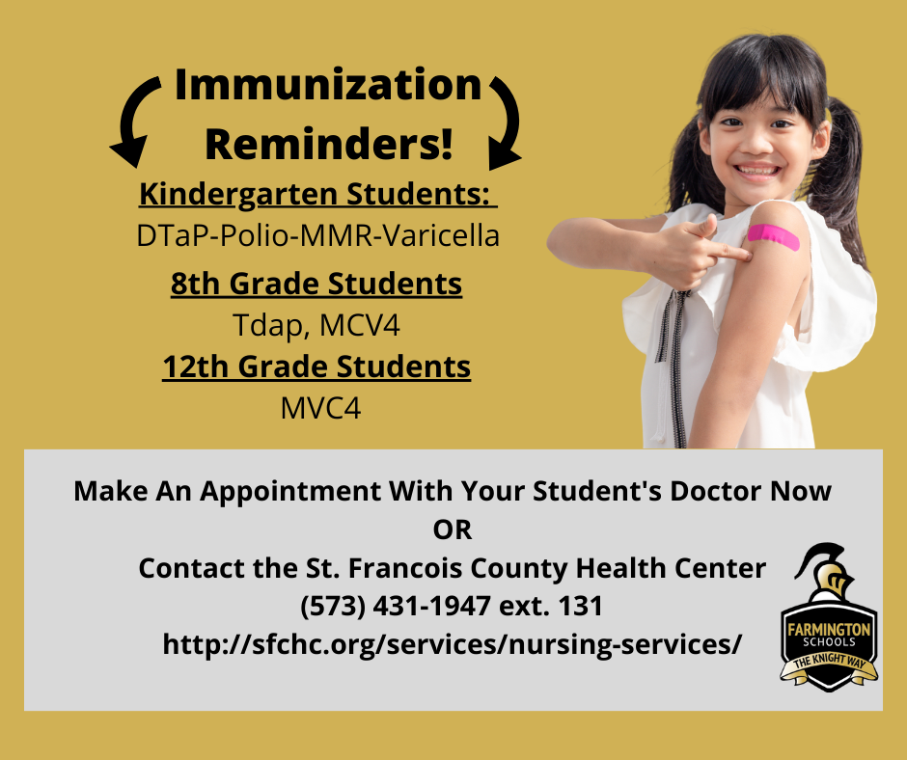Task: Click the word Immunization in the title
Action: coord(327,86)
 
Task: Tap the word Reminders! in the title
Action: coord(328,144)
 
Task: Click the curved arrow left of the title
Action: coord(137,121)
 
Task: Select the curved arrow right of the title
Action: coord(506,121)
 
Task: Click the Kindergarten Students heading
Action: coord(316,193)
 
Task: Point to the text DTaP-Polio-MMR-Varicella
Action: coord(318,235)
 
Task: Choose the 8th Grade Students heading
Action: coord(316,284)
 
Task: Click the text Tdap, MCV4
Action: coord(316,326)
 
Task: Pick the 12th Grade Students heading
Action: coord(316,367)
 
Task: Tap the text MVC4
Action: coord(320,409)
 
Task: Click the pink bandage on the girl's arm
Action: coord(773,235)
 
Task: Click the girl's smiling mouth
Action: coord(757,172)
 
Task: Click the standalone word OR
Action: coord(453,529)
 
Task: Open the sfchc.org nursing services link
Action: coord(453,645)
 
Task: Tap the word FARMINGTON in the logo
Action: coord(829,629)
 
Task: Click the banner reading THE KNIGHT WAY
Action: coord(829,666)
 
